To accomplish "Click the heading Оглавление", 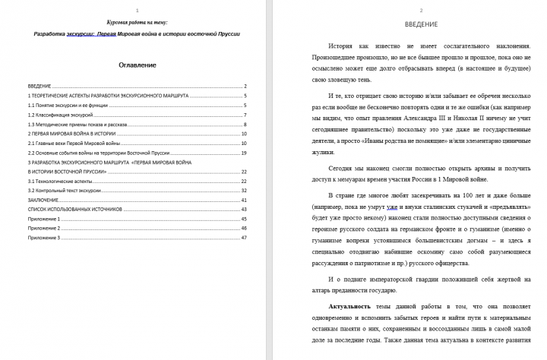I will point(138,65).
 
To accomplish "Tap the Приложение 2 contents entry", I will point(43,228).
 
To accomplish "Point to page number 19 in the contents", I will point(245,153).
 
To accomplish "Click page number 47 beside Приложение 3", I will point(245,238).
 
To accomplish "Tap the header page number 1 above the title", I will point(136,10).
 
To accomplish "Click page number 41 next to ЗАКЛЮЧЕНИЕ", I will point(245,199).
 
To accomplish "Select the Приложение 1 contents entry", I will point(43,218).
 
